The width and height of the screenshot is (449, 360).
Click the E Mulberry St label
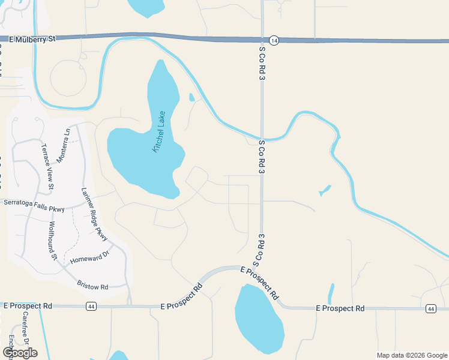[32, 38]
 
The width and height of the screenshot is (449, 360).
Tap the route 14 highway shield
[274, 40]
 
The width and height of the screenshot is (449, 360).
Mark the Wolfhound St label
[52, 241]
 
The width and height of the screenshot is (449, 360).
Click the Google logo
[20, 353]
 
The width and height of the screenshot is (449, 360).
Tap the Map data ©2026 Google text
[412, 355]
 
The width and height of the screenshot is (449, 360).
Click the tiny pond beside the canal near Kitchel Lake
[191, 97]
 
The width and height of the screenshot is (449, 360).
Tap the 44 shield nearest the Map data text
[431, 308]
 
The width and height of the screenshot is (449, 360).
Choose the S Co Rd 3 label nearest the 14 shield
[262, 64]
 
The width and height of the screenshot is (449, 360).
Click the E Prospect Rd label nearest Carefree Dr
[27, 306]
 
